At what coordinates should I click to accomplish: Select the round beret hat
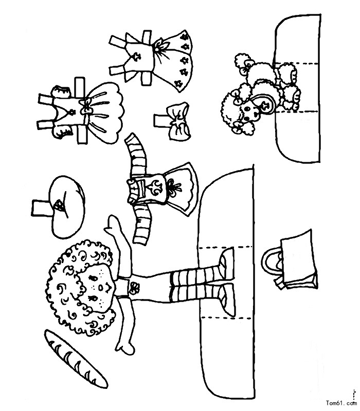click(x=67, y=207)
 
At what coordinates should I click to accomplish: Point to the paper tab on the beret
click(x=40, y=209)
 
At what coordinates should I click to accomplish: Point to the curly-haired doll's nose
click(x=100, y=288)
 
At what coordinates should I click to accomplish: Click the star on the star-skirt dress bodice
click(x=137, y=57)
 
